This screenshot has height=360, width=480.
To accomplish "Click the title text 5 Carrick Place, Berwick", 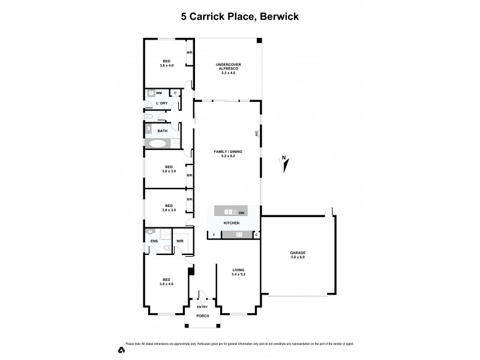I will coord(240,17).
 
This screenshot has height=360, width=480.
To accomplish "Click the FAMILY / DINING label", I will coord(228,153).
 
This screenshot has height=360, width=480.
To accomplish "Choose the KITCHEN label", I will coord(232,223).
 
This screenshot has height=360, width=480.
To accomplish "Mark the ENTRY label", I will coord(202,307).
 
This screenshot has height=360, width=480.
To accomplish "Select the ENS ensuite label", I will coord(153,242).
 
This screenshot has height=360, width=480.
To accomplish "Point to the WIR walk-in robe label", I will coord(179,242).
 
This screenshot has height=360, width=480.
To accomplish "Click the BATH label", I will coord(162,131).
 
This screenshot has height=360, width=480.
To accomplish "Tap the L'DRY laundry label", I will coord(161,104).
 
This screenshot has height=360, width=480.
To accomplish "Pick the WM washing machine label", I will coord(159,93).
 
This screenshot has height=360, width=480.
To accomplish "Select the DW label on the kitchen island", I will coord(241,212).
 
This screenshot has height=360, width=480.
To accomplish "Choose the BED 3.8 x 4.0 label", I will coord(168,62).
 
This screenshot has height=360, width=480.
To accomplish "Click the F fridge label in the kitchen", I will coord(213,234).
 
